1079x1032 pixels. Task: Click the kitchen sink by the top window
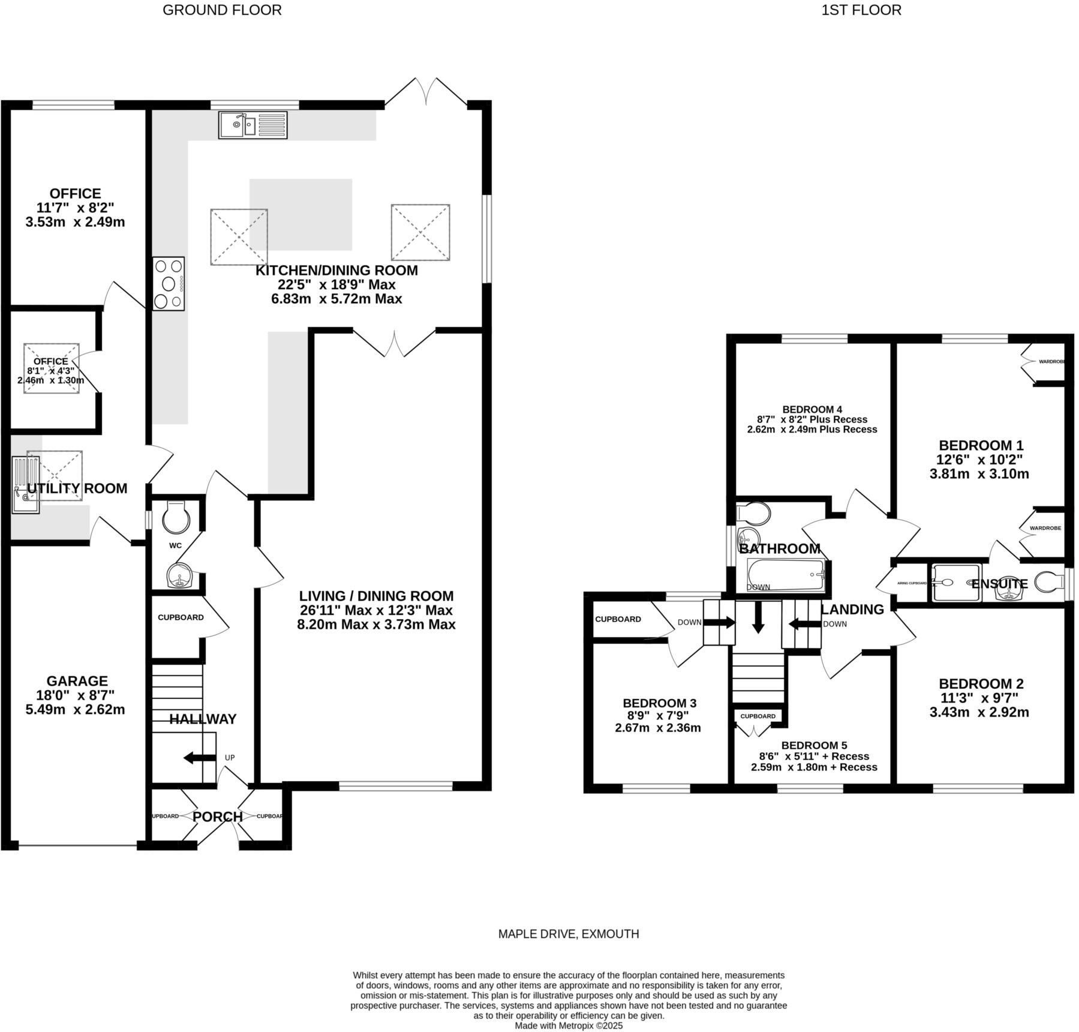point(253,125)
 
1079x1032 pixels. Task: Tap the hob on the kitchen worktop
point(169,283)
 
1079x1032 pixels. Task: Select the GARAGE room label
point(77,681)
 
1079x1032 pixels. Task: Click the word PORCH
point(218,817)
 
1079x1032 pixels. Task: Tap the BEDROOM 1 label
point(981,445)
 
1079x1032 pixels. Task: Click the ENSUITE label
point(1000,584)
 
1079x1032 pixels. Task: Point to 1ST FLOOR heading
point(861,10)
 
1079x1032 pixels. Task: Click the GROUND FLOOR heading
point(222,10)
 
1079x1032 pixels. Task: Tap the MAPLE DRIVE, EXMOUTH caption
point(569,934)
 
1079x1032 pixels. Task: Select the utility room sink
point(25,484)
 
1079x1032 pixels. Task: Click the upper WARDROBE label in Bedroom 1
point(1051,362)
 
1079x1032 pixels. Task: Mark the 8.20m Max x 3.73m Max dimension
point(376,625)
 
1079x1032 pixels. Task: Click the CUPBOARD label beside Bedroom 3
point(618,619)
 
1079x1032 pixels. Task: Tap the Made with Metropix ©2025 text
point(569,1026)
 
